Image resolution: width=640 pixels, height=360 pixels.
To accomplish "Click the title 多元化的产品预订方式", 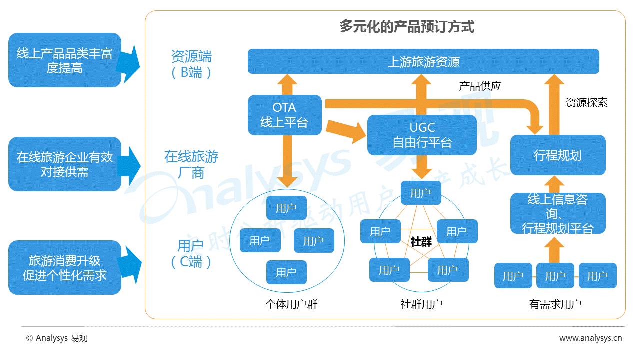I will [407, 26].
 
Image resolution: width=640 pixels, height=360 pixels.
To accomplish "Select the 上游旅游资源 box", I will [423, 61].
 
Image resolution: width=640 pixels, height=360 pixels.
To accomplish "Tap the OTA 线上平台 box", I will [284, 115].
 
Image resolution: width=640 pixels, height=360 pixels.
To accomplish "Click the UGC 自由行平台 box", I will [422, 135].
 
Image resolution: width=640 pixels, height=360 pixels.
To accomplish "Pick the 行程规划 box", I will [557, 155].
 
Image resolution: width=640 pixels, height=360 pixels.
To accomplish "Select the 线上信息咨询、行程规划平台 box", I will [557, 213].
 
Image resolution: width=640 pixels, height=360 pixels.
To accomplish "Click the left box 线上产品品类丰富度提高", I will [65, 60].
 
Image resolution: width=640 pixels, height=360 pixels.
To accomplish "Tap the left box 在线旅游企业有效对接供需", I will [65, 164].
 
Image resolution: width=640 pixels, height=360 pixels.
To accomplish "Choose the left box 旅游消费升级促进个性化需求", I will [65, 267].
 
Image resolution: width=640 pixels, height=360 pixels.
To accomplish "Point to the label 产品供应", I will [480, 86].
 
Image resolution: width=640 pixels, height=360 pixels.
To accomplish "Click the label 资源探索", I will [587, 103].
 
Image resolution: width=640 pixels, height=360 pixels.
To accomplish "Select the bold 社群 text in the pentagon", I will [421, 242].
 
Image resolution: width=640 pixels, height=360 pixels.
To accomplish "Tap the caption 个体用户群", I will [291, 304].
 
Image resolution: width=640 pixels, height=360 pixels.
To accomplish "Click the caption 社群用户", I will [421, 304].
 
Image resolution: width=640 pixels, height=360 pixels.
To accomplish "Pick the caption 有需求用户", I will [555, 304].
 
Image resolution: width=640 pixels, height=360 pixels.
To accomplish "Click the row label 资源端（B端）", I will [191, 64].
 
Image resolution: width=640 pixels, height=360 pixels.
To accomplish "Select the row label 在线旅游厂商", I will [191, 165].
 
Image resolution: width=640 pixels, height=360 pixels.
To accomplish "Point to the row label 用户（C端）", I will [191, 254].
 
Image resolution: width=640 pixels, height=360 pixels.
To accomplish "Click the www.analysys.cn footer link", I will [590, 338].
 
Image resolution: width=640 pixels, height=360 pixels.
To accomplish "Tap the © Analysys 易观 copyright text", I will [57, 338].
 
